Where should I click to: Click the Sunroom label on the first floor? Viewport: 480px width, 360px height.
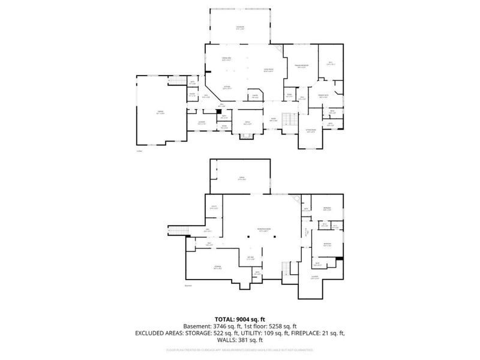[240, 28]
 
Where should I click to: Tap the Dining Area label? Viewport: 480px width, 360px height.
[227, 59]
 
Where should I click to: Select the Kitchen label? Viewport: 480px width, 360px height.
[227, 87]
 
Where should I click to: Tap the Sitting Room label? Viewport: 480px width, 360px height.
[311, 130]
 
